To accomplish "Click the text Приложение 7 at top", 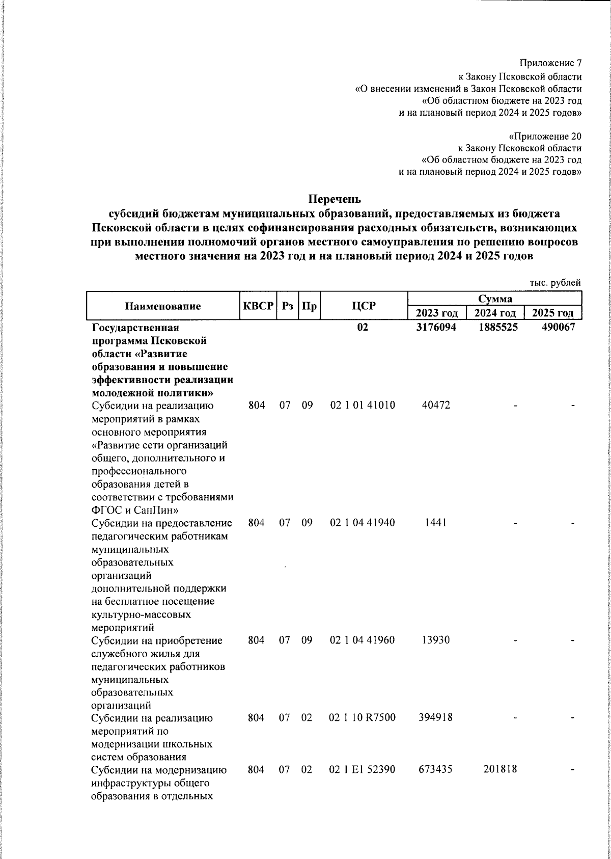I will [x=550, y=63].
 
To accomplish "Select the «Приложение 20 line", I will [x=545, y=137].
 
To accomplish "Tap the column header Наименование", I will [x=163, y=306].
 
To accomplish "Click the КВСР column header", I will [x=258, y=306].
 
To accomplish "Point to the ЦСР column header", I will [x=364, y=306].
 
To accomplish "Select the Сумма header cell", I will [x=494, y=299].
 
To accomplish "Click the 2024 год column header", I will [x=495, y=313].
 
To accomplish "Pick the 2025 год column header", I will [x=553, y=313].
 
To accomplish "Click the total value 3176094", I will [x=436, y=328].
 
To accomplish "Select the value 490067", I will [x=558, y=328].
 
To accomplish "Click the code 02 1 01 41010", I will [x=363, y=405].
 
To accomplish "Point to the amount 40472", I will [x=436, y=405].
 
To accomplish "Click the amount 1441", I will [x=436, y=522].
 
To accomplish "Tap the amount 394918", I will [x=436, y=718].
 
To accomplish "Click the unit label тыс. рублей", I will [x=555, y=282].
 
